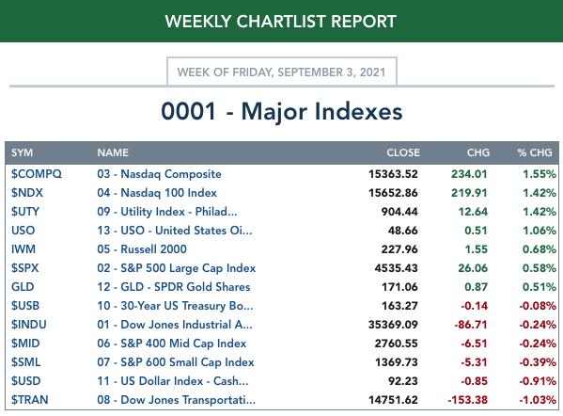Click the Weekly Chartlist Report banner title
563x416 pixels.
[x=281, y=22]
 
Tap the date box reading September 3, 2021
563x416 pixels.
[x=282, y=72]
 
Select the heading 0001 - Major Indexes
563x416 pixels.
[x=282, y=111]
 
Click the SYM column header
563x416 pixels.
[x=22, y=152]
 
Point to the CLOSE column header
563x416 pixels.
[x=403, y=152]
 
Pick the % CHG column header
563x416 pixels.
[x=535, y=152]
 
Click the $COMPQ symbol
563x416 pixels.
[x=37, y=174]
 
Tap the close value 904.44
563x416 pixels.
[x=399, y=212]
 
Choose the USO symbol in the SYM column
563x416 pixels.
[x=23, y=230]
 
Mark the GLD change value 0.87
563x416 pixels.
[x=476, y=286]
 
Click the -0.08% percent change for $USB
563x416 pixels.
[x=538, y=306]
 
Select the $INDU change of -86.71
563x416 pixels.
[x=471, y=325]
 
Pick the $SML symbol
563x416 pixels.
[x=25, y=362]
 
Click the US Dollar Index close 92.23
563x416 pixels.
[x=403, y=381]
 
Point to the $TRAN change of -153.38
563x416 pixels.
[x=467, y=399]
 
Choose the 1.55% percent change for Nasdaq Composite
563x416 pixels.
[x=540, y=174]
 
